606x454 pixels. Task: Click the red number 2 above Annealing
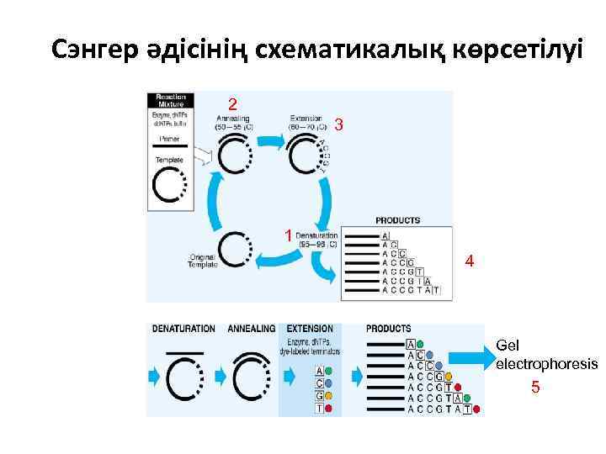point(233,103)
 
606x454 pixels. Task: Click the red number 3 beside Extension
point(338,125)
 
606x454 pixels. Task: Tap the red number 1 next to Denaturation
point(288,235)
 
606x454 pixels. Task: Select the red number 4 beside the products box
point(470,262)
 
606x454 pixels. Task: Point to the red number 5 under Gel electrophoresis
point(534,388)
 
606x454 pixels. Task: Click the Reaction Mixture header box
point(170,99)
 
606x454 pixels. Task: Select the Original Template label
point(203,261)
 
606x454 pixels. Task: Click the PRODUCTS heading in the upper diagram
point(397,220)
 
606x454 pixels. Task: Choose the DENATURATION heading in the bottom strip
point(183,329)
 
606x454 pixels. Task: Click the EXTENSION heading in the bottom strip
point(310,329)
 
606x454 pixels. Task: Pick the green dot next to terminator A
point(329,371)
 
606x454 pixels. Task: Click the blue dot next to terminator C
point(329,383)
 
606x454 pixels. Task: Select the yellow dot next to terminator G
point(329,395)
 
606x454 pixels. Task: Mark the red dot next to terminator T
point(329,408)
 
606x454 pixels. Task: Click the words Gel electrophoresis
point(545,355)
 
